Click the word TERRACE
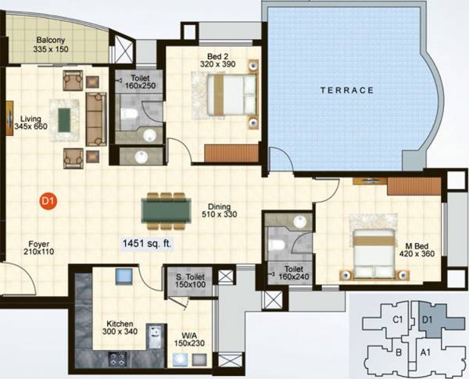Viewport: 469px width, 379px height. coord(348,91)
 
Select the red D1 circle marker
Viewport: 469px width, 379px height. coord(47,202)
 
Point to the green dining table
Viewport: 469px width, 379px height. coord(166,209)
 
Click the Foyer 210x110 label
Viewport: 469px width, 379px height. coord(35,248)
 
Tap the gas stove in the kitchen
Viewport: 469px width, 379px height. coord(118,360)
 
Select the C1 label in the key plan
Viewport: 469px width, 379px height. coord(397,319)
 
